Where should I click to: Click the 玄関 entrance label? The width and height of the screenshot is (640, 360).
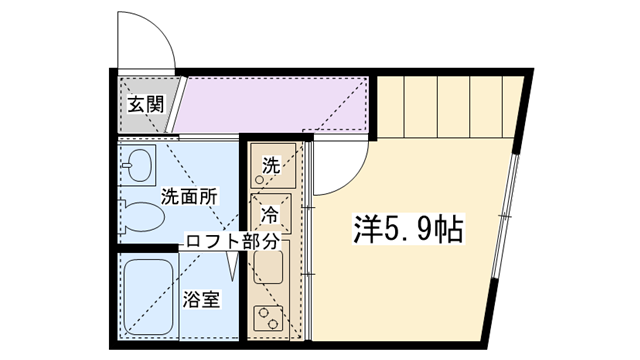(146, 104)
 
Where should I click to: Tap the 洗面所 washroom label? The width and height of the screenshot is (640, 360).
(189, 197)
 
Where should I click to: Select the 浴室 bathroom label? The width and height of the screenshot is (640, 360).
(201, 300)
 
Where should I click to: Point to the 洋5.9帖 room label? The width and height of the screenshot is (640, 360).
(408, 230)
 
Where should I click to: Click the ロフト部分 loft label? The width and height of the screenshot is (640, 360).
(233, 242)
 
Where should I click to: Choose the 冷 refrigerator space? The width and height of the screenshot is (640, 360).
(271, 213)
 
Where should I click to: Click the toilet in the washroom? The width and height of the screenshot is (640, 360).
(141, 216)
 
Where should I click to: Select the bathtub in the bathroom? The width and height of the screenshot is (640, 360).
(148, 297)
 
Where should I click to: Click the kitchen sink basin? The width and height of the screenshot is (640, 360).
(268, 267)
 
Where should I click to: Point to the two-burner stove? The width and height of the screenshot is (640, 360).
(268, 318)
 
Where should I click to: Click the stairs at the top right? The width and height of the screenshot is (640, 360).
(449, 107)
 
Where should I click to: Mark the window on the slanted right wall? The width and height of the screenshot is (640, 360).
(505, 216)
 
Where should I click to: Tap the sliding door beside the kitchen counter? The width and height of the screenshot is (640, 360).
(309, 240)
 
